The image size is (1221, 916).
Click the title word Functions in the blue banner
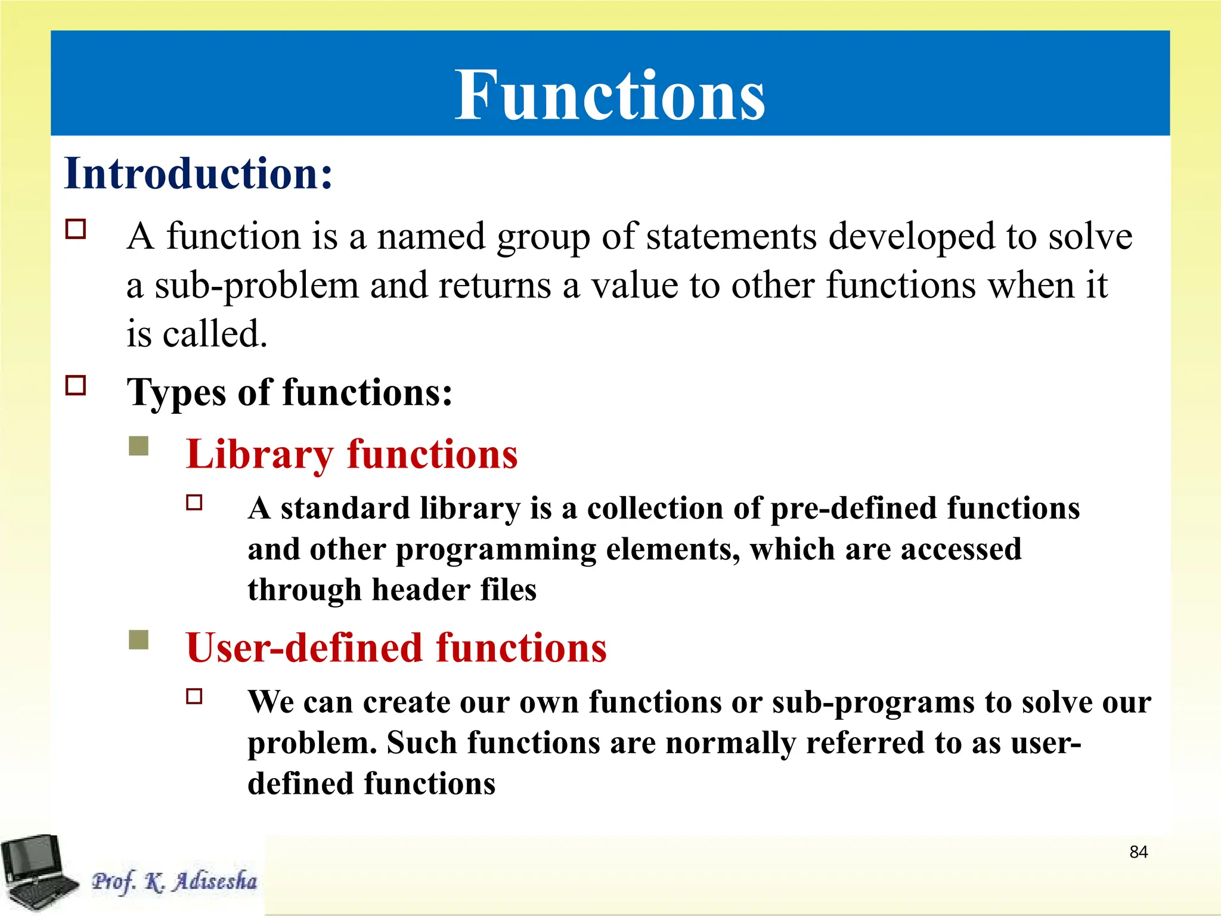(609, 95)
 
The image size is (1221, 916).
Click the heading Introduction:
(198, 174)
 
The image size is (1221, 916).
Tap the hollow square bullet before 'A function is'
(76, 229)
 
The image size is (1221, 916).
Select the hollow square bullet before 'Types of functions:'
(76, 385)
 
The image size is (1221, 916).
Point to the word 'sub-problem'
(257, 286)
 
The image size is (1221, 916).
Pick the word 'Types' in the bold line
(176, 394)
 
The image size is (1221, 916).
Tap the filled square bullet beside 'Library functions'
(138, 445)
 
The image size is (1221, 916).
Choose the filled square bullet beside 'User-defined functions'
(138, 640)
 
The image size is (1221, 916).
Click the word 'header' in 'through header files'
(420, 590)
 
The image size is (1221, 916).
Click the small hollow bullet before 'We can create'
(194, 696)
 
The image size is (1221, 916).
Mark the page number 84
(1138, 852)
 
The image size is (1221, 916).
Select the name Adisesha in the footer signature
(215, 881)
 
